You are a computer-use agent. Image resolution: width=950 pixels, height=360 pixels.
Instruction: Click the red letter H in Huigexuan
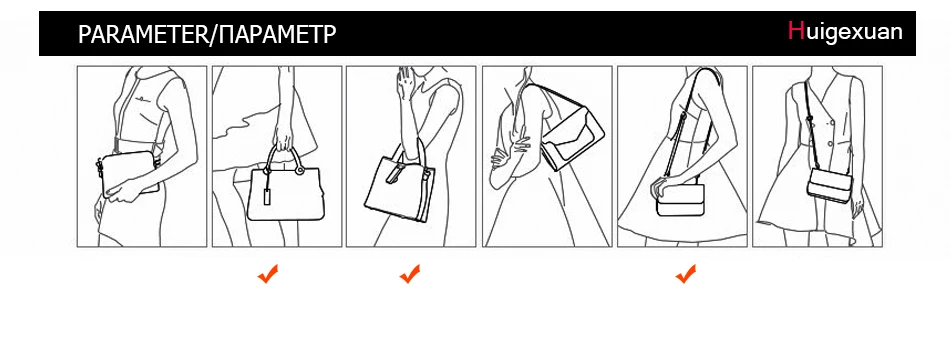tap(796, 30)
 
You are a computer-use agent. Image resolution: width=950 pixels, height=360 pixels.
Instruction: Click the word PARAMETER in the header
tap(143, 35)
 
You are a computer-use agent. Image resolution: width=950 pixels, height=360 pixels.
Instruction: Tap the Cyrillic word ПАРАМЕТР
tap(277, 35)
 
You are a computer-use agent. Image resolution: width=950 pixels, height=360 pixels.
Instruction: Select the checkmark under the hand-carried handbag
tap(268, 274)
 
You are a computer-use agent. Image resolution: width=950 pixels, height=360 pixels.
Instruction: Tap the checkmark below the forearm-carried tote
tap(410, 274)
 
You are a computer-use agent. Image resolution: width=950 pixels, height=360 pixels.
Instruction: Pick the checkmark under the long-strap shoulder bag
tap(686, 274)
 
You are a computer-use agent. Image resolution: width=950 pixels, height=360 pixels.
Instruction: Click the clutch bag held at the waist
tap(128, 173)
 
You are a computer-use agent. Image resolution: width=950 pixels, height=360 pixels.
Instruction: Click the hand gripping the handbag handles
tap(282, 139)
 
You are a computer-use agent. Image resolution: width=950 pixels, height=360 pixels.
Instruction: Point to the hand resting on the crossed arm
tap(508, 153)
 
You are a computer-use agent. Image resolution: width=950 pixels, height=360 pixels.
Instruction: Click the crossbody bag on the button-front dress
tap(829, 185)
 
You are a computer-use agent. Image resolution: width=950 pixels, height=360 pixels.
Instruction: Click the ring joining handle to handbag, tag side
tap(267, 172)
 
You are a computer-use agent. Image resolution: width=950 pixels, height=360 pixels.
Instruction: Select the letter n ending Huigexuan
tap(896, 32)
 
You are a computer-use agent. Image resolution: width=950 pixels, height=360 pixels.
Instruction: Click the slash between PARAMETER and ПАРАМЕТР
tap(213, 35)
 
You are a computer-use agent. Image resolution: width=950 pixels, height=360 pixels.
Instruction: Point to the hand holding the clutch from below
tap(127, 191)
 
